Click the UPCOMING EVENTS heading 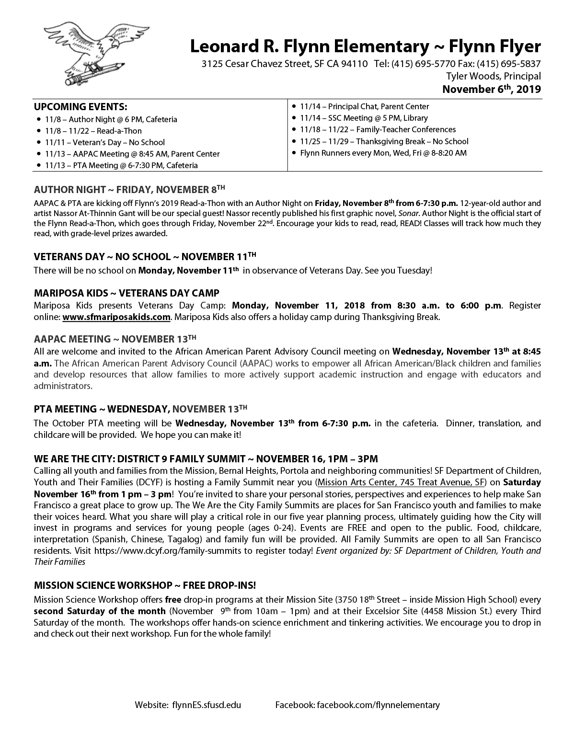pos(80,106)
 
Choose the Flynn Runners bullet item pos(383,153)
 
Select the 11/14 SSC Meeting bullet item pos(364,118)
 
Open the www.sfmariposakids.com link pos(116,317)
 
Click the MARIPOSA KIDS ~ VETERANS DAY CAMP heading pos(126,293)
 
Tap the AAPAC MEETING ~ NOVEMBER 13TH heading pos(115,339)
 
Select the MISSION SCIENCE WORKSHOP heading pos(145,585)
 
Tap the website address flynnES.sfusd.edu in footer pos(206,705)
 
